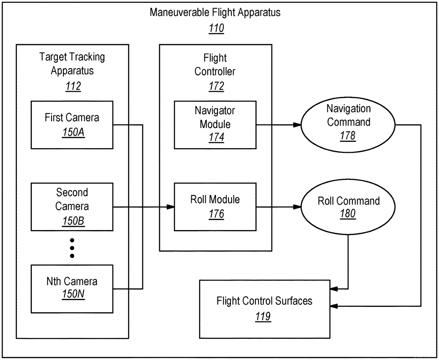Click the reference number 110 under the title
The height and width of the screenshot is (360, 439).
point(216,28)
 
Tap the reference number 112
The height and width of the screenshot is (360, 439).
point(73,86)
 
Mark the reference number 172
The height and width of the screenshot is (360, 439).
point(216,86)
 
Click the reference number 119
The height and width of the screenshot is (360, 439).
point(263,316)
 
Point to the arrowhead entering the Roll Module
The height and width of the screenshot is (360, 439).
point(170,207)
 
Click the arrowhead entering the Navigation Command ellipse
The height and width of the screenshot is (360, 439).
point(297,125)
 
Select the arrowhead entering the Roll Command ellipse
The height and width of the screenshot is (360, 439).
point(297,207)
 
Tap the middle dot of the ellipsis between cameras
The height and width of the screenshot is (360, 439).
point(72,248)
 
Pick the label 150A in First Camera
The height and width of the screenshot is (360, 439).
point(73,132)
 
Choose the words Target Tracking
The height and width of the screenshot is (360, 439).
point(72,57)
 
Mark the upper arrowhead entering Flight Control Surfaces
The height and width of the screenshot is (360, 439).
point(334,289)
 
